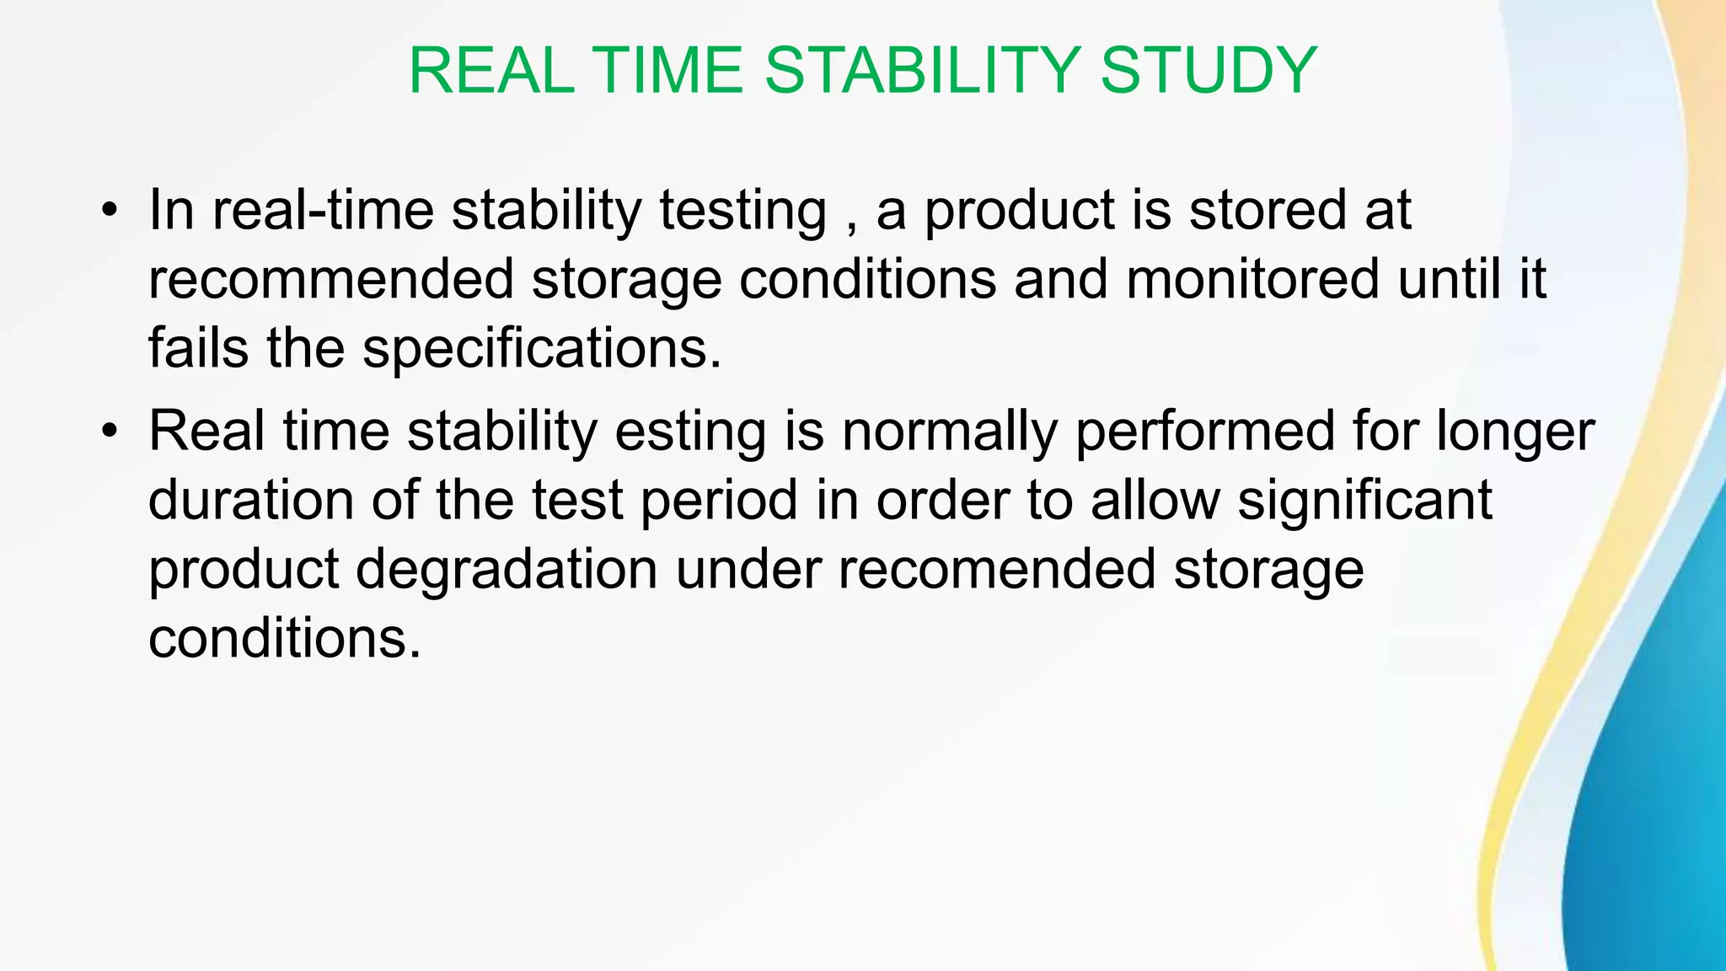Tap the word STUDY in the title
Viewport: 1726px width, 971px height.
pos(1209,71)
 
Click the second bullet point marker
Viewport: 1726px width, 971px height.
pos(108,432)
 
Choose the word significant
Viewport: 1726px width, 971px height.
pos(1364,500)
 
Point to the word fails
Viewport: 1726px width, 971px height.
pos(198,348)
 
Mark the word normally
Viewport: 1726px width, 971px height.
pos(949,432)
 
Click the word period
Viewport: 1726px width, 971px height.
pos(719,500)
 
